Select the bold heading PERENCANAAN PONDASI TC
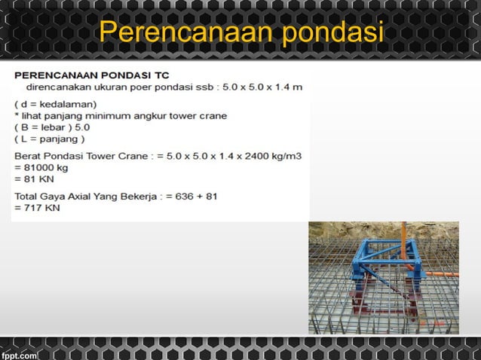[x=91, y=75]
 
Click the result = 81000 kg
[x=40, y=168]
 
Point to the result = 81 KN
[x=32, y=179]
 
